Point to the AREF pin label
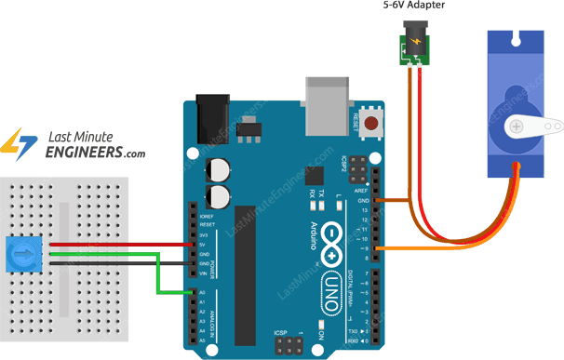(361, 189)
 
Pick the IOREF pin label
(207, 216)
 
